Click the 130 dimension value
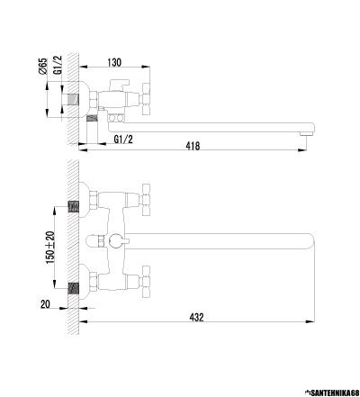(x=114, y=62)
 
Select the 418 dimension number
(x=193, y=146)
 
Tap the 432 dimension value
(x=196, y=318)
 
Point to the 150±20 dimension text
(x=50, y=248)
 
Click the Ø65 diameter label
(x=43, y=66)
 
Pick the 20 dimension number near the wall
(x=45, y=304)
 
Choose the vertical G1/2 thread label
(x=58, y=65)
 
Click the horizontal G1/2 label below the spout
(x=123, y=140)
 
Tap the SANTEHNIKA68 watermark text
(x=334, y=392)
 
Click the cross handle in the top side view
(x=146, y=98)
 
